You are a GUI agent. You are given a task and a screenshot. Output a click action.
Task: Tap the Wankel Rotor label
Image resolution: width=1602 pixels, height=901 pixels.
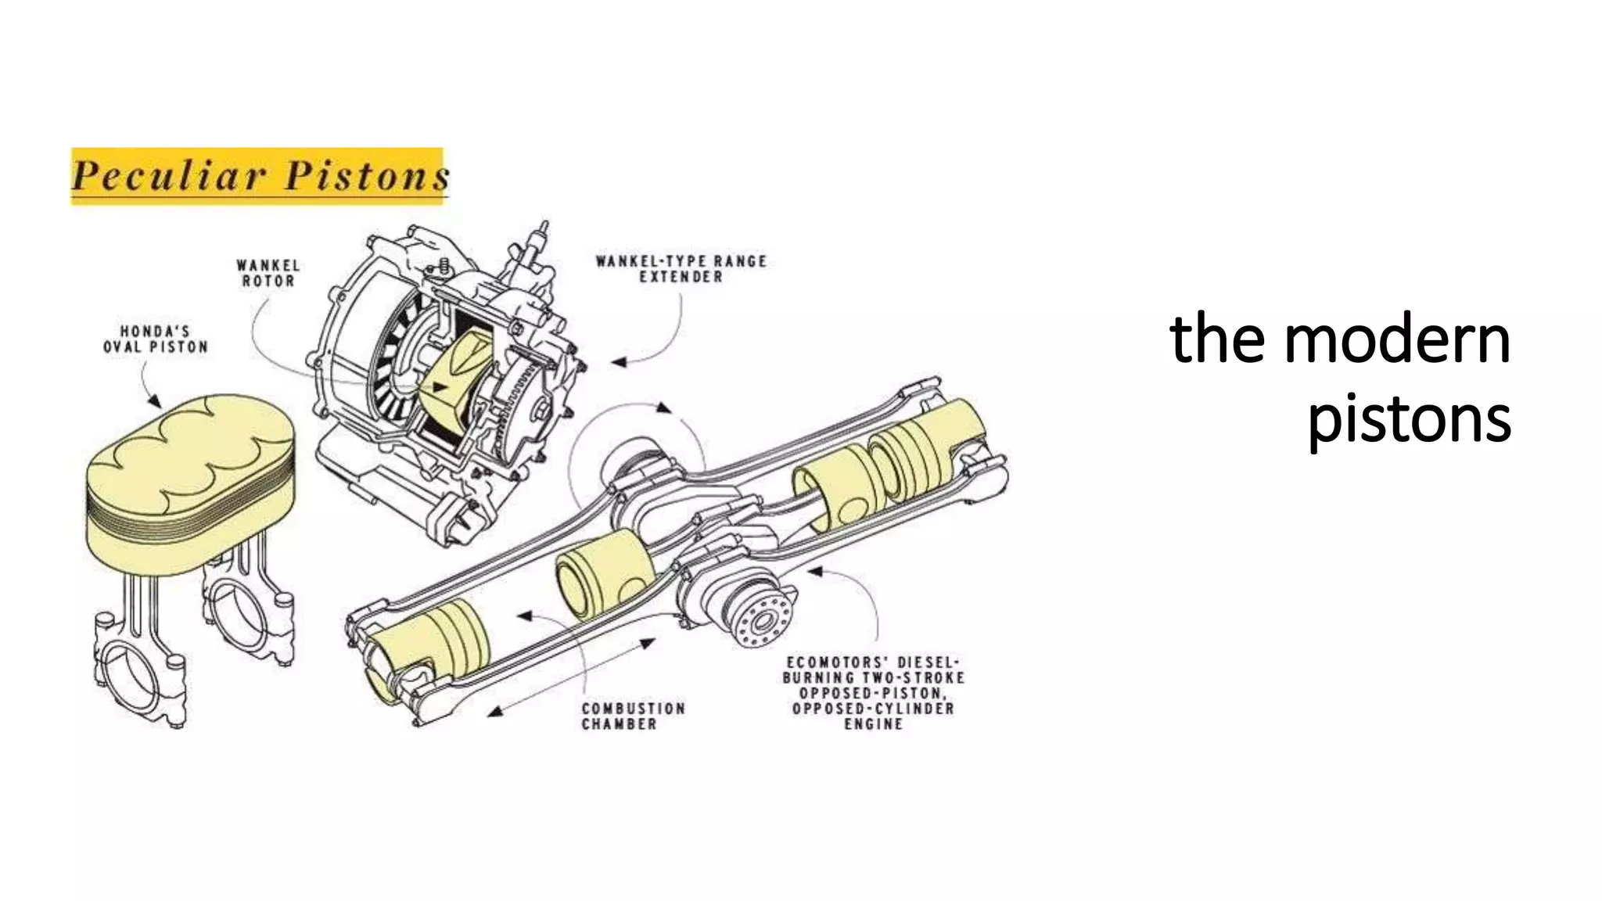268,274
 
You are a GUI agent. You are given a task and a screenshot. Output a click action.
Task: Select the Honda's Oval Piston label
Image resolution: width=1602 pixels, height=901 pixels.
156,339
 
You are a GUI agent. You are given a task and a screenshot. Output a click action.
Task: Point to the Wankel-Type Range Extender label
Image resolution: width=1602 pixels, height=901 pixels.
681,269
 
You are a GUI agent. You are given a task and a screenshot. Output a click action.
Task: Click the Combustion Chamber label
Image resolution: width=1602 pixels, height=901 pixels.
633,716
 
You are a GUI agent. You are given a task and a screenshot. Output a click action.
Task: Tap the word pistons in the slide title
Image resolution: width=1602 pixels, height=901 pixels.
1409,420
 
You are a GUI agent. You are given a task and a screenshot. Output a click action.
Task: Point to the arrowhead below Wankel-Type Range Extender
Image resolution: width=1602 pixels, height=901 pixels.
619,362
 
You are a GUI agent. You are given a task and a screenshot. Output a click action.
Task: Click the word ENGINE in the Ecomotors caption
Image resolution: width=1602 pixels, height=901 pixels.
873,724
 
